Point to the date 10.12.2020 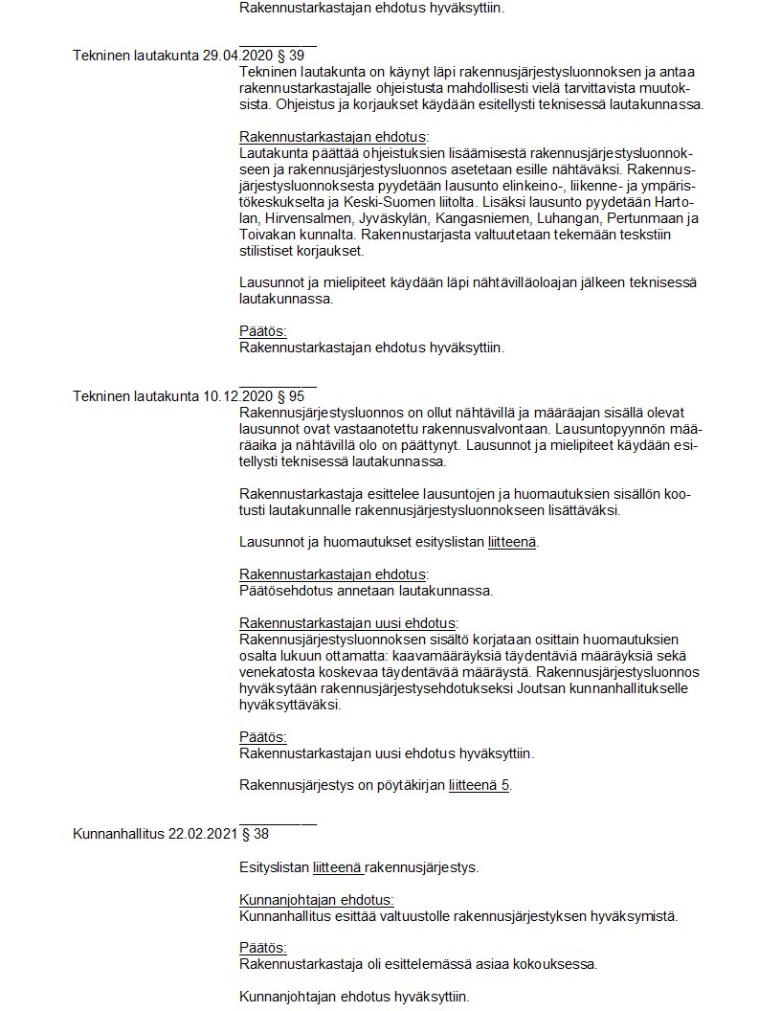tap(238, 396)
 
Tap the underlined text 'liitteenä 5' tap(480, 786)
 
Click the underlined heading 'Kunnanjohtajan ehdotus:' tap(316, 900)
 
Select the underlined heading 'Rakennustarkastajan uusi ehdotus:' tap(348, 622)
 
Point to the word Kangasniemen tap(443, 218)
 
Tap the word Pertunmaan tap(636, 218)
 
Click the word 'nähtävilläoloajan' tap(486, 282)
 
